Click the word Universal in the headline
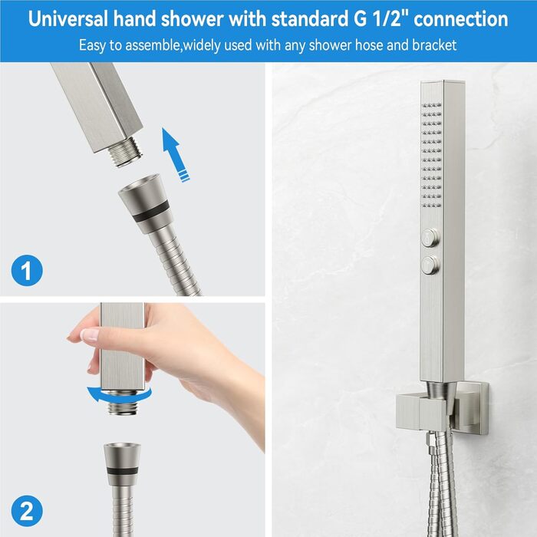68,18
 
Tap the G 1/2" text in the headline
381,18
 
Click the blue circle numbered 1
27,271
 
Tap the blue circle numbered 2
27,512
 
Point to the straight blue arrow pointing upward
175,153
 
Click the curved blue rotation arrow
118,397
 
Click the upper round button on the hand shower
430,236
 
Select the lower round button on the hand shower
430,265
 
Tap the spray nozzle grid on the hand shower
432,155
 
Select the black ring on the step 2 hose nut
123,470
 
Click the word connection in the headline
461,18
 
